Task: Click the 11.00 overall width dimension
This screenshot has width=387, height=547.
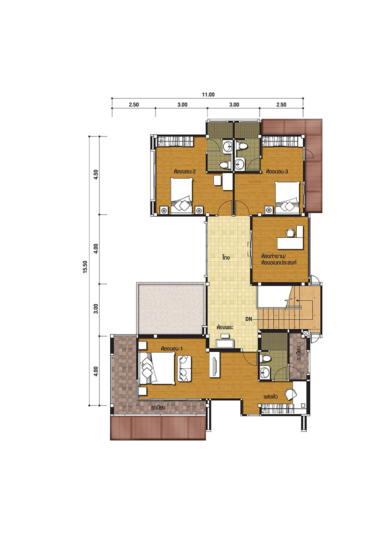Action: click(208, 94)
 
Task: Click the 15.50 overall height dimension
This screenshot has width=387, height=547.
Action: click(85, 267)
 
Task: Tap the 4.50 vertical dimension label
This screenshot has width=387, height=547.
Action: click(96, 174)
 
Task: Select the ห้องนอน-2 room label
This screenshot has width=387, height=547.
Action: click(185, 171)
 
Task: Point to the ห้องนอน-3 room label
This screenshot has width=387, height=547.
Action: click(277, 171)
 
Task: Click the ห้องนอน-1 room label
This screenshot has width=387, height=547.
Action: click(172, 349)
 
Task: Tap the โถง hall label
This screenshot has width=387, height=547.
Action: click(226, 257)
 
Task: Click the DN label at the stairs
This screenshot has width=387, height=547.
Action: click(249, 319)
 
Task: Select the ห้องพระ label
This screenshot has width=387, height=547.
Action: click(225, 327)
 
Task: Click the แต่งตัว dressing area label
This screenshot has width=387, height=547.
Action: click(271, 397)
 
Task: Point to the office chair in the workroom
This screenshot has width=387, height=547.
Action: click(290, 232)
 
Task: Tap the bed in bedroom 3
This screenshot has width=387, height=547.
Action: click(287, 197)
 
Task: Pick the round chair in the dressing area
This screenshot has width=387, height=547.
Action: click(291, 394)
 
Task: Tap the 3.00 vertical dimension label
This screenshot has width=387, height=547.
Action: click(96, 309)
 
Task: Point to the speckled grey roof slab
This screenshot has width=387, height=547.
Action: click(171, 309)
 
